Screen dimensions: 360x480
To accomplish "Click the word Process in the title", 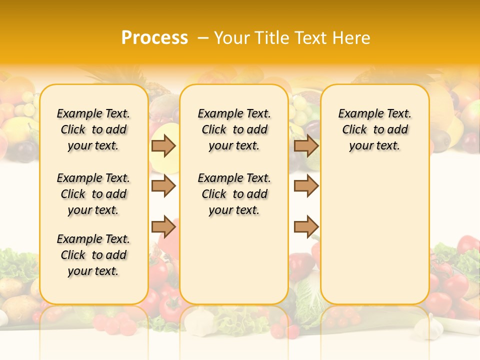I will click(x=154, y=38).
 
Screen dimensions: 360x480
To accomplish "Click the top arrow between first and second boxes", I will click(x=163, y=145).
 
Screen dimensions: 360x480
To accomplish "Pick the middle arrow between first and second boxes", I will click(x=163, y=186).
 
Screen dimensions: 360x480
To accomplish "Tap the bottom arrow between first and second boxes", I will click(x=163, y=227).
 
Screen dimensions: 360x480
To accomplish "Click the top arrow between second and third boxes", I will click(x=306, y=145).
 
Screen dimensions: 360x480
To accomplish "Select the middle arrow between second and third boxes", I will click(x=306, y=186).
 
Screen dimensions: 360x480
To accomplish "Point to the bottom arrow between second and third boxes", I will click(x=306, y=227).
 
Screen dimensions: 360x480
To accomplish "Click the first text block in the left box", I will click(x=93, y=129).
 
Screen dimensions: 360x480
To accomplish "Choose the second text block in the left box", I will click(x=93, y=194).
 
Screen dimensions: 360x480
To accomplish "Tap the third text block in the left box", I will click(x=93, y=255).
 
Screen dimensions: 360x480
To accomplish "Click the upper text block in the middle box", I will click(x=234, y=129).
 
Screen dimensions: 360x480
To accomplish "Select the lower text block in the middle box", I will click(x=234, y=194).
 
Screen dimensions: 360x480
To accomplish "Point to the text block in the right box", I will click(x=374, y=129).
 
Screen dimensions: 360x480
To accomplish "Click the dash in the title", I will click(x=203, y=38).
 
